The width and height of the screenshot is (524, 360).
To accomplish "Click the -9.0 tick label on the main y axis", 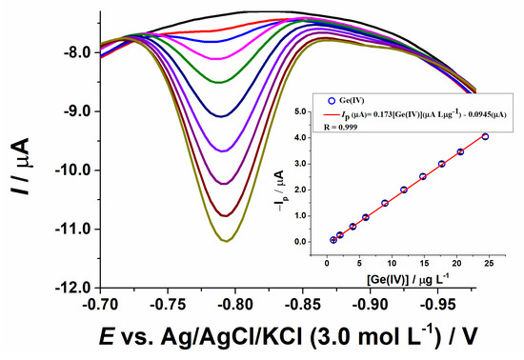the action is coord(76,111).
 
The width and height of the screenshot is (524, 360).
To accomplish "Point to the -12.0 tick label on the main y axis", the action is coord(73,288).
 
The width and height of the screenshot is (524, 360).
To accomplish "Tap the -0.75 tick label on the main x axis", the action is coord(168,305).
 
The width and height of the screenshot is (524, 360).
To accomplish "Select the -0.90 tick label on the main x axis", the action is coord(370,305).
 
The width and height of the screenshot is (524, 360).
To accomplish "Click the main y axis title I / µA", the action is coord(21,166).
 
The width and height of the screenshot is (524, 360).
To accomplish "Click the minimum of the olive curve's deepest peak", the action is coord(227,241).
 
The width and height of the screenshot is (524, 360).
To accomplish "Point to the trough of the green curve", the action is coord(219,82).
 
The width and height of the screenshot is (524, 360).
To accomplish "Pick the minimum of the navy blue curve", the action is coord(221,116).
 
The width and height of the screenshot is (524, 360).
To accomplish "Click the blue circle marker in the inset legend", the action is coord(332,101).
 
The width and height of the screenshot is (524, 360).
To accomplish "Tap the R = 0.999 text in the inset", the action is coord(340,128).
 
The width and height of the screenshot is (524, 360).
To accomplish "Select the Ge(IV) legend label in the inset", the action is coord(352,101).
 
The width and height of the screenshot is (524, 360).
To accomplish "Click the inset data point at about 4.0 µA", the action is coord(485,136).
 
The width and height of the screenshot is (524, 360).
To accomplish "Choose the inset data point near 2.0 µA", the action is coord(404,190).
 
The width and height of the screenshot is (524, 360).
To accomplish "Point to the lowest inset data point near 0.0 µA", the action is coord(333,240).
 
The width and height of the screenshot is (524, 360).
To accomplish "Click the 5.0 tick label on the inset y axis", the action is coord(299,111).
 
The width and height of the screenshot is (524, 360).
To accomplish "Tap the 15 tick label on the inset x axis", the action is coord(424,263).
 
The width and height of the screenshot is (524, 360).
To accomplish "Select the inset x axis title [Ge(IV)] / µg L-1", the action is coord(408,279).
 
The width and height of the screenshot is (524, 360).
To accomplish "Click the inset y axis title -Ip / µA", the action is coord(279,190).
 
